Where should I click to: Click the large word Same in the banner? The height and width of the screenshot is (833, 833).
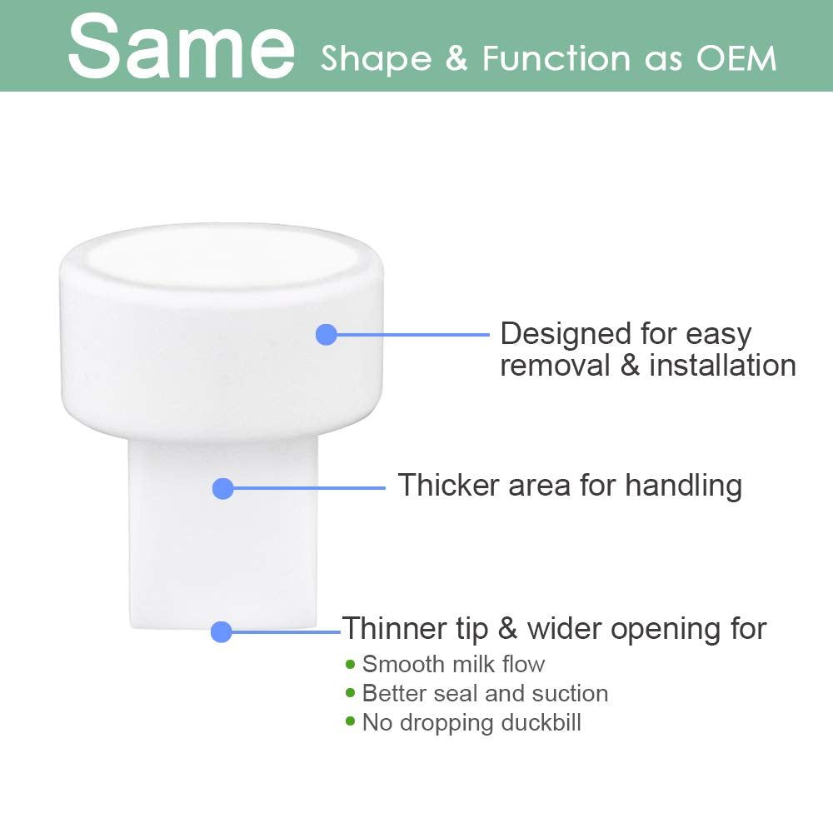(181, 47)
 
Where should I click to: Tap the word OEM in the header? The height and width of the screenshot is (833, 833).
(736, 58)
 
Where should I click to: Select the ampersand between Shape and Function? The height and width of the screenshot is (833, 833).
(456, 58)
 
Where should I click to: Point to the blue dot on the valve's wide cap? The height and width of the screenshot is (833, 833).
(327, 335)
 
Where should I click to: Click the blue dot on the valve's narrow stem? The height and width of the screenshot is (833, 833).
(222, 488)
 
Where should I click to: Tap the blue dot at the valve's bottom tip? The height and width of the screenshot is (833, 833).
(221, 631)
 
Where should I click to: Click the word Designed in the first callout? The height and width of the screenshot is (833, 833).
(566, 335)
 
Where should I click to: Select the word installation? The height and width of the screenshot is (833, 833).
(722, 366)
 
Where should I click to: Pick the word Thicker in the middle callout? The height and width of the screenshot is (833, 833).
(449, 485)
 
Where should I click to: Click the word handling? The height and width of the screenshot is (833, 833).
(683, 486)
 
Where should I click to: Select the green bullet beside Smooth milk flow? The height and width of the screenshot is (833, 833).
(350, 664)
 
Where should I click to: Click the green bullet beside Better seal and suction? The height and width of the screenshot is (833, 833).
(350, 693)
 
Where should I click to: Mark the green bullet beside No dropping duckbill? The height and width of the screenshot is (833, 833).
(350, 721)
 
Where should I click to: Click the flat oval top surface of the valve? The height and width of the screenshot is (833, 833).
(222, 256)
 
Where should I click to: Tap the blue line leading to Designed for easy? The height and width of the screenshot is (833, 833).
(413, 335)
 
